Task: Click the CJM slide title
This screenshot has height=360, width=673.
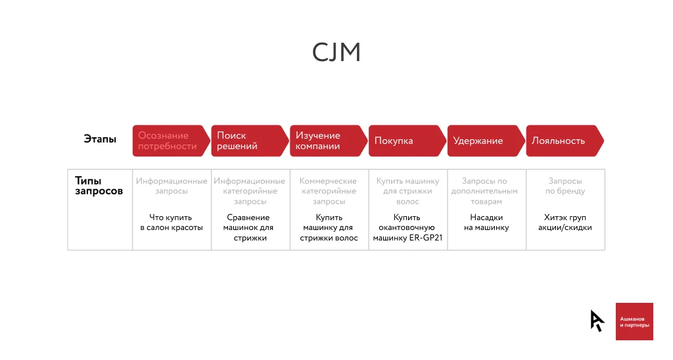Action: point(336,53)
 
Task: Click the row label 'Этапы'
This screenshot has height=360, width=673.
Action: point(100,139)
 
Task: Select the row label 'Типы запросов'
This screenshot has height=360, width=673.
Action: point(99,186)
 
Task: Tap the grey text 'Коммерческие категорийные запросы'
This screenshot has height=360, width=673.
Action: point(329,191)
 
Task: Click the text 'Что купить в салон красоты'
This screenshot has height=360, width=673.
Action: point(172,223)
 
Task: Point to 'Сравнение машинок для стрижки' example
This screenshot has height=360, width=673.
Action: point(250,227)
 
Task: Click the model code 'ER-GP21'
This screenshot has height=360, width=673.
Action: point(428,238)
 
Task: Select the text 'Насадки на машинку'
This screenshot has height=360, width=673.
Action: point(486,223)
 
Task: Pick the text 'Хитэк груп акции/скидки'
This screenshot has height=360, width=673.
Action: point(565,223)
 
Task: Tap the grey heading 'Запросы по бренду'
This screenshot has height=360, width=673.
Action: point(565,186)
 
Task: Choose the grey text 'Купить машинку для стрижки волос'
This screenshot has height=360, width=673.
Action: point(407,191)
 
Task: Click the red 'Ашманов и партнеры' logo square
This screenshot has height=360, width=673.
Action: point(634,321)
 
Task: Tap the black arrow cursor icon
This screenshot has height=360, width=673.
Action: point(597,320)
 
